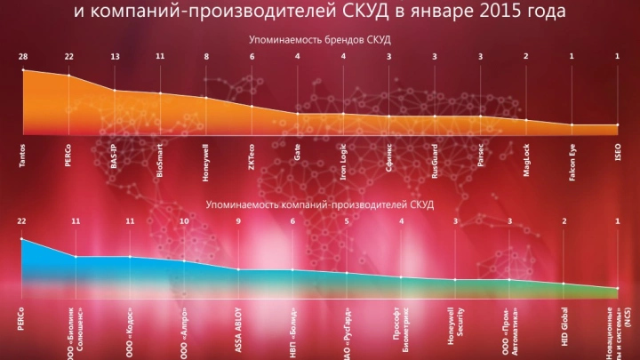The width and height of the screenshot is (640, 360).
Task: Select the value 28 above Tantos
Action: pos(22,57)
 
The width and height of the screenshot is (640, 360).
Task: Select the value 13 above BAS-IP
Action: pos(115,57)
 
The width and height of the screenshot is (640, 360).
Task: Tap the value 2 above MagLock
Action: pos(526,57)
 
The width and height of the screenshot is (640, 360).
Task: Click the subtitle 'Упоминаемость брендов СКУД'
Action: pos(319,40)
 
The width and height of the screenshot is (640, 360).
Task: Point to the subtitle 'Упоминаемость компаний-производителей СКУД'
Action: pos(319,204)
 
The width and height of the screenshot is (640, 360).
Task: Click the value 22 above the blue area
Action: pos(21,221)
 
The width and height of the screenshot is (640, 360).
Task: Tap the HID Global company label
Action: pos(564,326)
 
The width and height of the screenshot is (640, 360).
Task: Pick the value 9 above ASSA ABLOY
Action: pos(238,221)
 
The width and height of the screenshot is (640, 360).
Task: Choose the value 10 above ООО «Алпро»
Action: pos(184,221)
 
